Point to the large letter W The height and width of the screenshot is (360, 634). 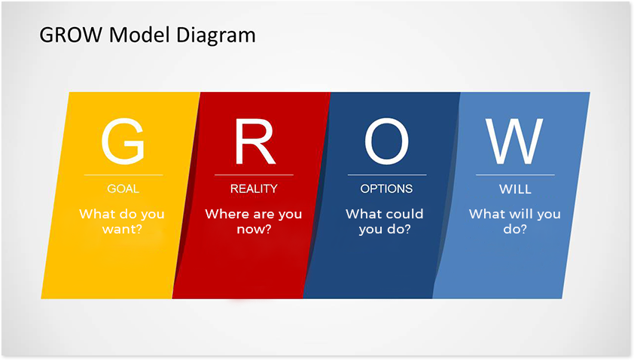pyautogui.click(x=515, y=142)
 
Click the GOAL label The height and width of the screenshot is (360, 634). pyautogui.click(x=123, y=189)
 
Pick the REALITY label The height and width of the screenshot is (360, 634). pyautogui.click(x=254, y=189)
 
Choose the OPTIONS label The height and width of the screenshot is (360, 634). pyautogui.click(x=386, y=189)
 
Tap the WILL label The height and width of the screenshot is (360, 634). pyautogui.click(x=515, y=189)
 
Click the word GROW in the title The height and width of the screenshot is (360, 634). pyautogui.click(x=71, y=35)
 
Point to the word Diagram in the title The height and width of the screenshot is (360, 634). pyautogui.click(x=216, y=35)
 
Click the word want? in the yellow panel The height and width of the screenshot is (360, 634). pyautogui.click(x=122, y=230)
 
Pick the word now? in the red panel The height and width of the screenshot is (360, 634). pyautogui.click(x=254, y=230)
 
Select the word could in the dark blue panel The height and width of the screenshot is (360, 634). pyautogui.click(x=404, y=214)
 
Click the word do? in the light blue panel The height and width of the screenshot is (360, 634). pyautogui.click(x=515, y=230)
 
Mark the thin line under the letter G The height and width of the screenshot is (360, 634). pyautogui.click(x=123, y=175)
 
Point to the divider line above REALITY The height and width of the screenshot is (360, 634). pyautogui.click(x=254, y=175)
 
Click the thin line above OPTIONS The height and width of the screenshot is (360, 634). pyautogui.click(x=387, y=175)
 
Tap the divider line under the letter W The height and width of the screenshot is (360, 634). pyautogui.click(x=515, y=175)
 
